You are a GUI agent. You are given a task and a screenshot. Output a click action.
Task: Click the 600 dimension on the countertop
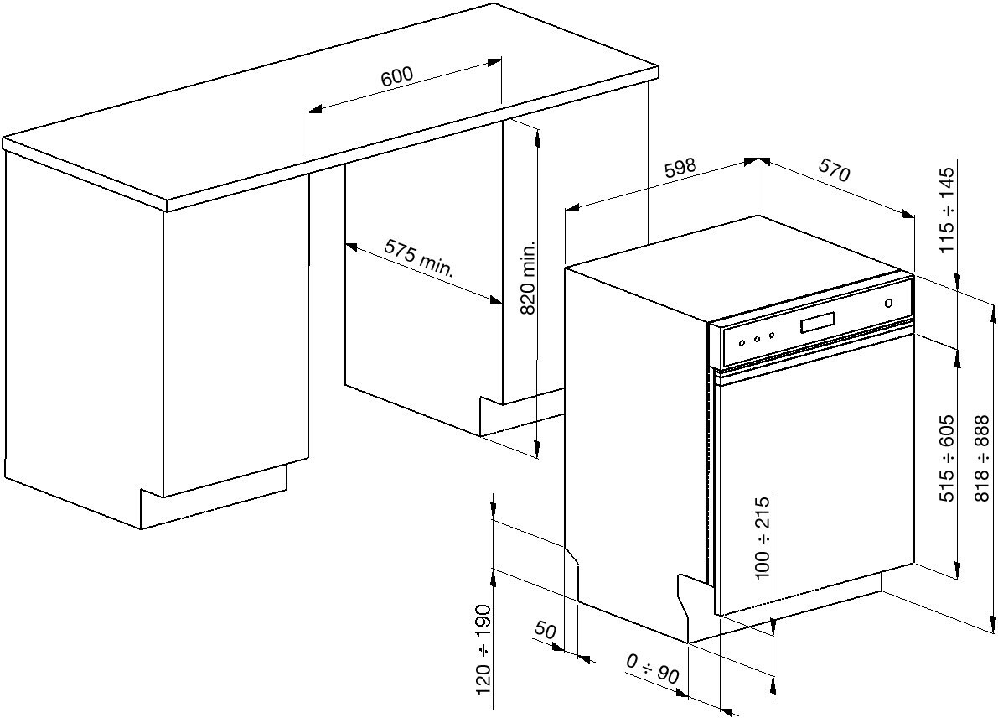click(x=396, y=75)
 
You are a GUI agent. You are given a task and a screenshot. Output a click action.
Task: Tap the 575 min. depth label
click(x=418, y=258)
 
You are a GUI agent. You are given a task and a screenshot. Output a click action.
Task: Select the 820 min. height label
click(x=528, y=279)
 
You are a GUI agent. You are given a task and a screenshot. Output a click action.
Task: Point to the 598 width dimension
click(x=680, y=168)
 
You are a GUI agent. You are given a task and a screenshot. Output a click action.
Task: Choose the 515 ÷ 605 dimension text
click(x=947, y=459)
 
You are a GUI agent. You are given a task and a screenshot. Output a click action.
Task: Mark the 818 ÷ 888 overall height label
click(x=983, y=459)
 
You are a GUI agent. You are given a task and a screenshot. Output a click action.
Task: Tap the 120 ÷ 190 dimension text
click(x=483, y=650)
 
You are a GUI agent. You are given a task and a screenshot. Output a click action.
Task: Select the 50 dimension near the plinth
click(x=545, y=631)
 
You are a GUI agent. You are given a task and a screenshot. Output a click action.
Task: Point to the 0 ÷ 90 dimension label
click(x=653, y=668)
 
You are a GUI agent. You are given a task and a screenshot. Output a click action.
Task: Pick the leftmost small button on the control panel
click(x=741, y=342)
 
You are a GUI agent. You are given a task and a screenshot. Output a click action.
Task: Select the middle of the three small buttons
click(x=755, y=339)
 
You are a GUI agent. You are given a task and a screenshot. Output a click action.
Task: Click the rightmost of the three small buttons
click(x=769, y=336)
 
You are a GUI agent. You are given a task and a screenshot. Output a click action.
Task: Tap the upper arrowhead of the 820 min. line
click(x=536, y=133)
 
